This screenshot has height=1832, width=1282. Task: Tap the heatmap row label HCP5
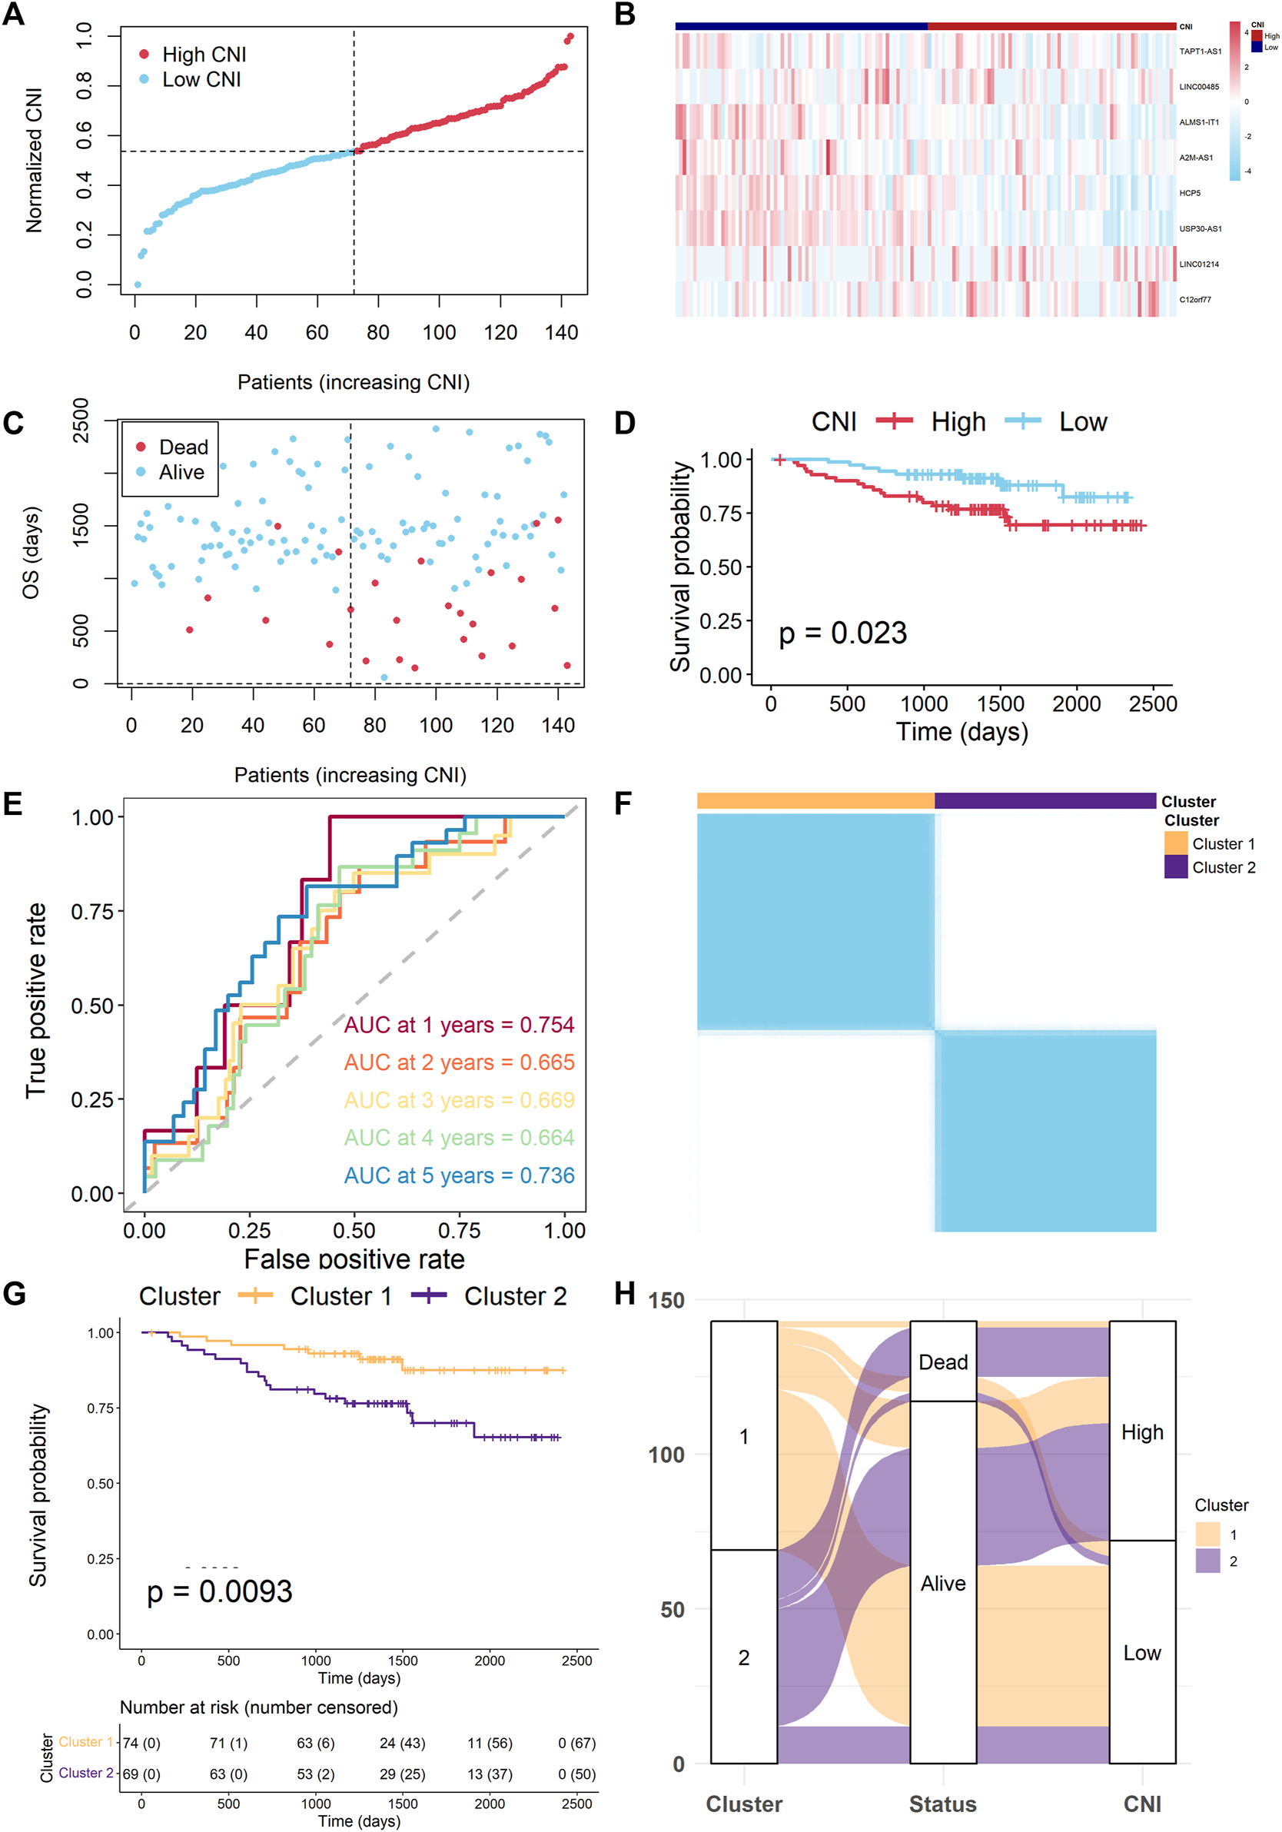pos(1190,193)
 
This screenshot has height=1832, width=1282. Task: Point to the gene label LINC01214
pos(1198,264)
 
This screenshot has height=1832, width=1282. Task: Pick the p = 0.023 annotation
pos(842,633)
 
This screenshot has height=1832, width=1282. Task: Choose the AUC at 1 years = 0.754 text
pos(459,1025)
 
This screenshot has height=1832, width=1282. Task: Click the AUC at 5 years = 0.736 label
pos(459,1175)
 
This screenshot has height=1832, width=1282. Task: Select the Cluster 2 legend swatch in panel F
pos(1175,866)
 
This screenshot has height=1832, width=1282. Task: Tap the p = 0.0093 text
pos(219,1592)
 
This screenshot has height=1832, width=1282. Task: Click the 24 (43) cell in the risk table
pos(402,1744)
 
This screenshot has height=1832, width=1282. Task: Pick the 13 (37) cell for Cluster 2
pos(489,1774)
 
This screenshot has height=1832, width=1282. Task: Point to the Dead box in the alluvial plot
pos(943,1362)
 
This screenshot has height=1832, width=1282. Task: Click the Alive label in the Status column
pos(943,1583)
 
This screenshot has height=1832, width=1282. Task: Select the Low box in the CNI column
pos(1141,1654)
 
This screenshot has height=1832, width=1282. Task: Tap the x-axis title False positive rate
pos(354,1259)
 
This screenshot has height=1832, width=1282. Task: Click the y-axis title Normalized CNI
pos(35,161)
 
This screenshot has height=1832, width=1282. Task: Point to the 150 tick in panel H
pos(666,1301)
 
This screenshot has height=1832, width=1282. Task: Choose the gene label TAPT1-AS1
pos(1200,51)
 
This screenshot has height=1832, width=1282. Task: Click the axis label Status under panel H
pos(943,1804)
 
